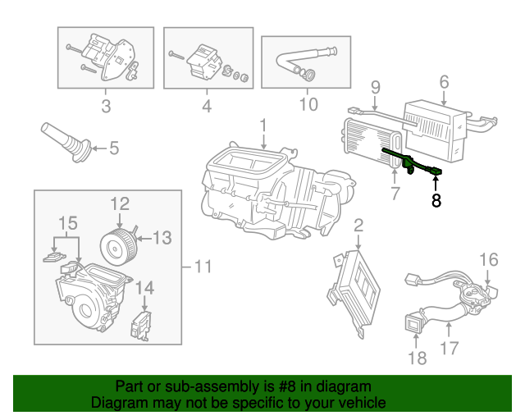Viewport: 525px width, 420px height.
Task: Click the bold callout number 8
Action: click(436, 201)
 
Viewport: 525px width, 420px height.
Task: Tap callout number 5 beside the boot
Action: click(114, 148)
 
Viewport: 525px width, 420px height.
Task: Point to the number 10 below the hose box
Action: click(308, 104)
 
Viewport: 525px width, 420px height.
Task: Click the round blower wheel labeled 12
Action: click(119, 247)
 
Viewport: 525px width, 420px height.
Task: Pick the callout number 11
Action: click(203, 267)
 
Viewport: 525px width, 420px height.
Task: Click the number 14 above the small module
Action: click(144, 288)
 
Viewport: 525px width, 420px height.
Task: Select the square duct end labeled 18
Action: click(414, 323)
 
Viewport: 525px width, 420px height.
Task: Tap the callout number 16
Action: click(489, 260)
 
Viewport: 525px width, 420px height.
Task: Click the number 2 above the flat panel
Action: click(358, 226)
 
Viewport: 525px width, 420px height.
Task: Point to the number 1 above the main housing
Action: click(263, 126)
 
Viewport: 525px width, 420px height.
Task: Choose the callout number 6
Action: click(444, 82)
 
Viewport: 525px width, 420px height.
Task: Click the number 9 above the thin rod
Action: click(376, 87)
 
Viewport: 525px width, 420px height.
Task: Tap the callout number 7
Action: click(395, 194)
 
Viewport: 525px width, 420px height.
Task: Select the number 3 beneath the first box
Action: click(106, 106)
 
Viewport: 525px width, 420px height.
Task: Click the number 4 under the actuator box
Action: click(207, 106)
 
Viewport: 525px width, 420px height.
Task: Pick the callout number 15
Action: click(68, 223)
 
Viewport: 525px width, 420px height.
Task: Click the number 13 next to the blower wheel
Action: click(162, 238)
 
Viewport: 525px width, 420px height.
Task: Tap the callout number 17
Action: click(449, 348)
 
